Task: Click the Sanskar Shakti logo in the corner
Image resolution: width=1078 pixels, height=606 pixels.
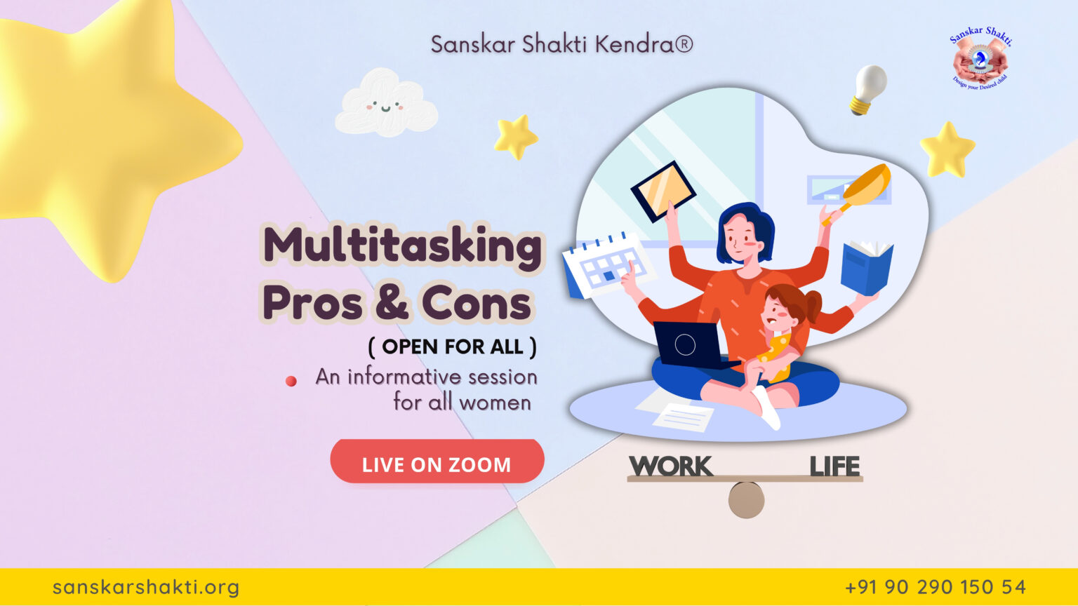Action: coord(980,59)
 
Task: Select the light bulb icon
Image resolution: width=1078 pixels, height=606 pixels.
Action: coord(868,88)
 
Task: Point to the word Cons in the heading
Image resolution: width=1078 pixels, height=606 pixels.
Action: coord(477,304)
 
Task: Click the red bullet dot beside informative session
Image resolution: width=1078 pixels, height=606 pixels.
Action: coord(291,381)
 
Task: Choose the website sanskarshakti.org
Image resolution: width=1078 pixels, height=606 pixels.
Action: coord(146,587)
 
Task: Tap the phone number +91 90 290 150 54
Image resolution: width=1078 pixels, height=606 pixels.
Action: coord(936,587)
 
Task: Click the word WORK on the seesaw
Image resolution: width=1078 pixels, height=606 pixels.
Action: coord(670,466)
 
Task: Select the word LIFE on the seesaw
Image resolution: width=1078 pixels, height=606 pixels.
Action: coord(834,466)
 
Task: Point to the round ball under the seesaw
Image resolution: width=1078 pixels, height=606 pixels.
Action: coord(746,500)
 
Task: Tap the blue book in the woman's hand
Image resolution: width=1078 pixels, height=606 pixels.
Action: coord(867,267)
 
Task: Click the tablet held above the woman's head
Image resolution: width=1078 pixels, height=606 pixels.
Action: coord(663,191)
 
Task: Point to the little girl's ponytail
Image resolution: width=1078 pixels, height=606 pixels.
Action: coord(813,305)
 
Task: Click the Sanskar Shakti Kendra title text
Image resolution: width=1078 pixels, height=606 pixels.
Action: coord(561,44)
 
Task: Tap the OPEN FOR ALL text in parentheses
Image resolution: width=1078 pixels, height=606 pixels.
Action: coord(453,346)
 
